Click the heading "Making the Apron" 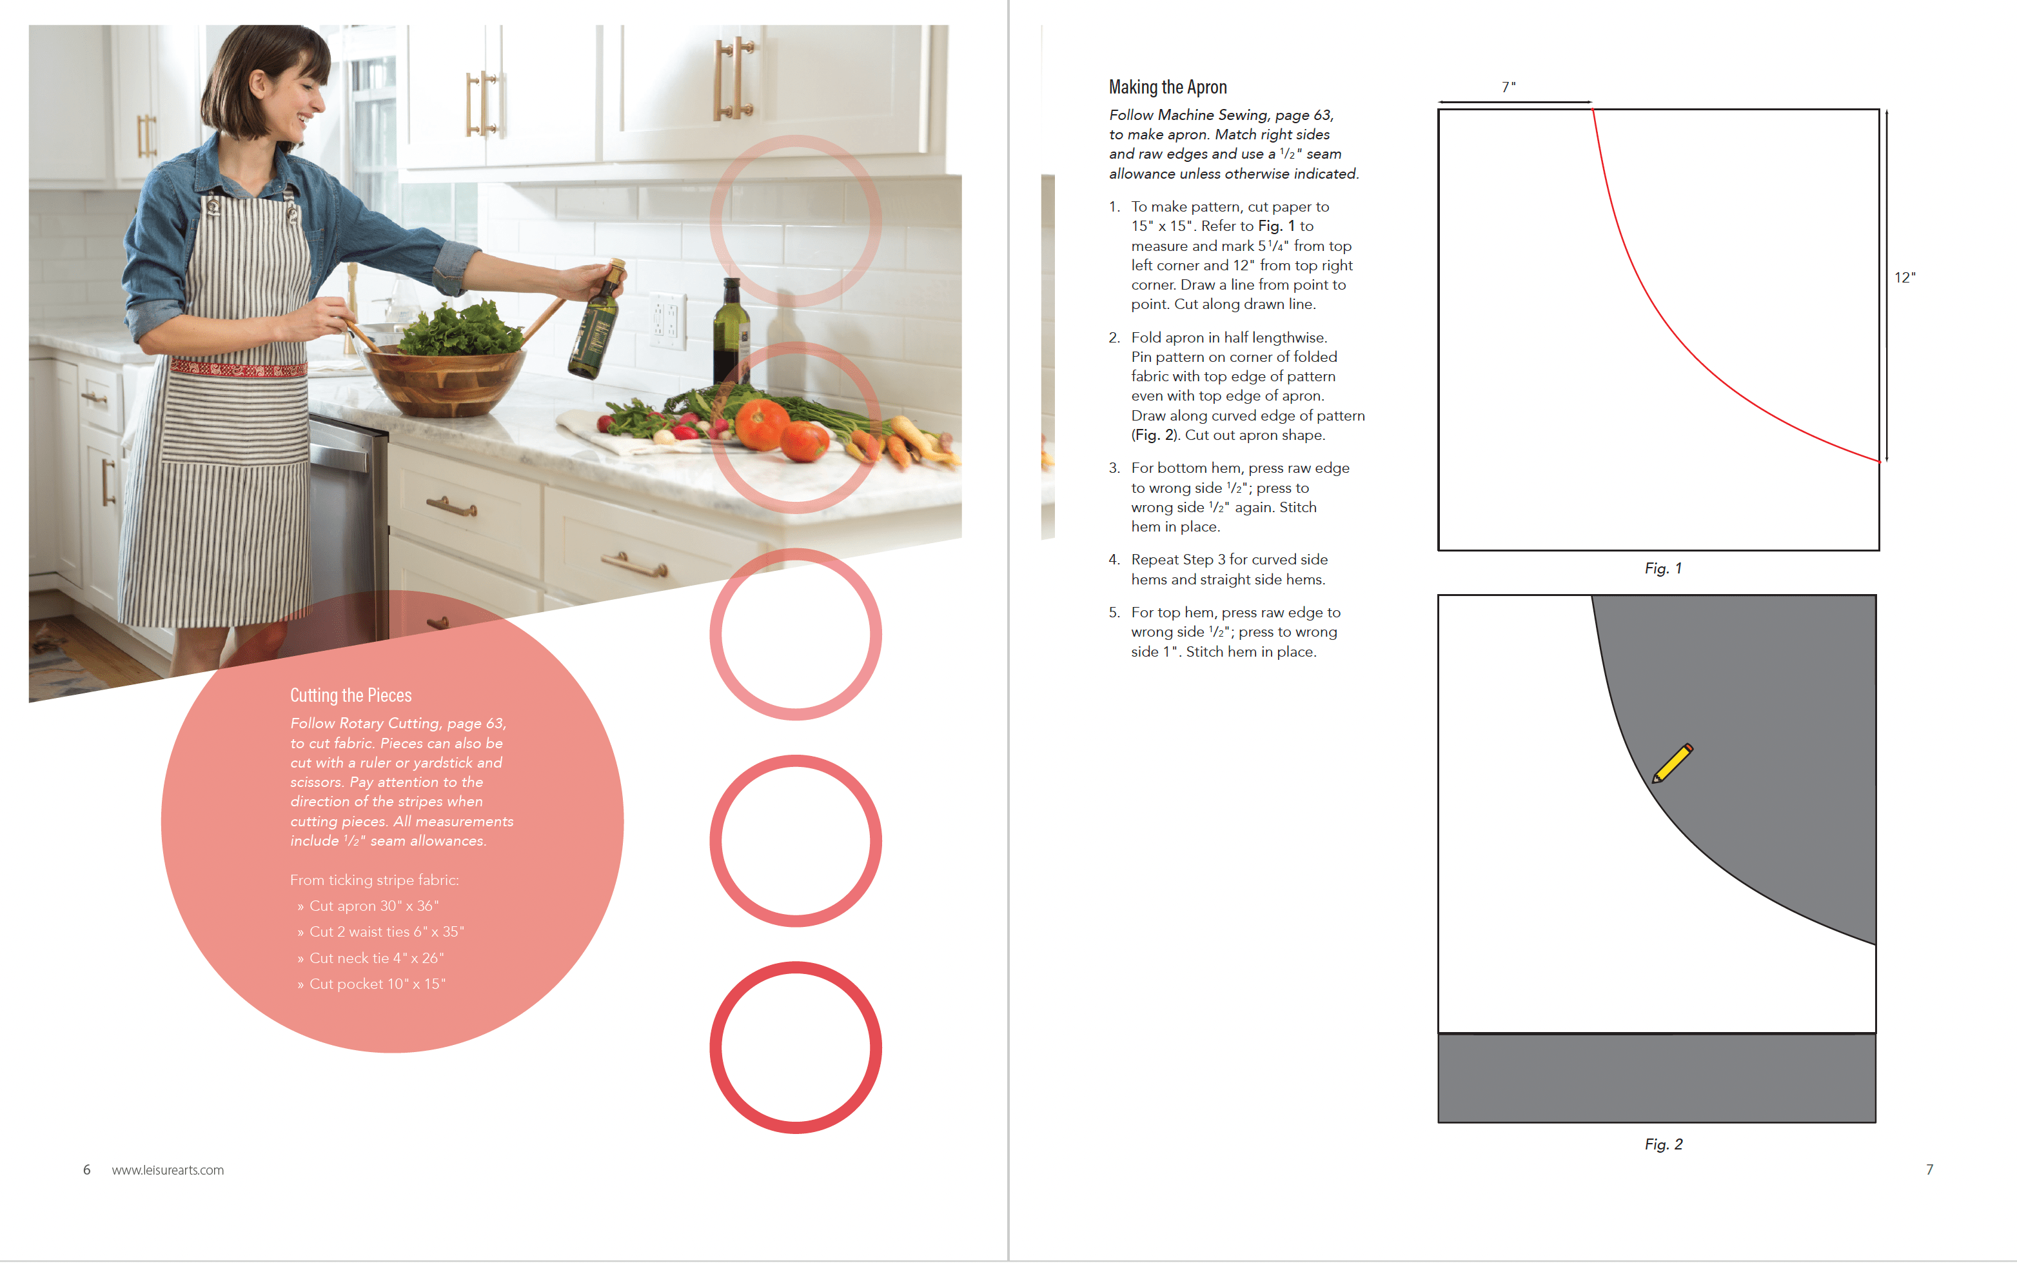coord(1167,87)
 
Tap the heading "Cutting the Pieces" coord(351,695)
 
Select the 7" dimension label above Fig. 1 coord(1509,87)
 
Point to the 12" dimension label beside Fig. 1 coord(1904,277)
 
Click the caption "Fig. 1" coord(1663,568)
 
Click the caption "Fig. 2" coord(1663,1144)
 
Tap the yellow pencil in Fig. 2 coord(1672,762)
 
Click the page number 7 coord(1929,1169)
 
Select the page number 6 coord(87,1169)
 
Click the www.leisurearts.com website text coord(168,1169)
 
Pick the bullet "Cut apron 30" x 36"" coord(368,906)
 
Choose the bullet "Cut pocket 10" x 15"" coord(371,984)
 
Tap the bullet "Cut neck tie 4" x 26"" coord(371,958)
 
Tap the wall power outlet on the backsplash coord(668,321)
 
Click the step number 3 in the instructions coord(1114,468)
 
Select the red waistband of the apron coord(238,368)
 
